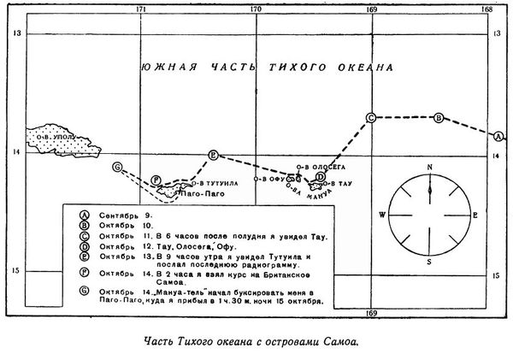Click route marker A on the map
[x=498, y=136]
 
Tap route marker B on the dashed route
[x=439, y=117]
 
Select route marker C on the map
[x=370, y=117]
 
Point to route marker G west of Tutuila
[x=117, y=167]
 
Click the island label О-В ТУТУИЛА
[x=213, y=181]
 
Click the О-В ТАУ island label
[x=340, y=184]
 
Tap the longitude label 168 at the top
[x=488, y=9]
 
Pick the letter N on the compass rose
[x=431, y=167]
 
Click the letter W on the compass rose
[x=381, y=214]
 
